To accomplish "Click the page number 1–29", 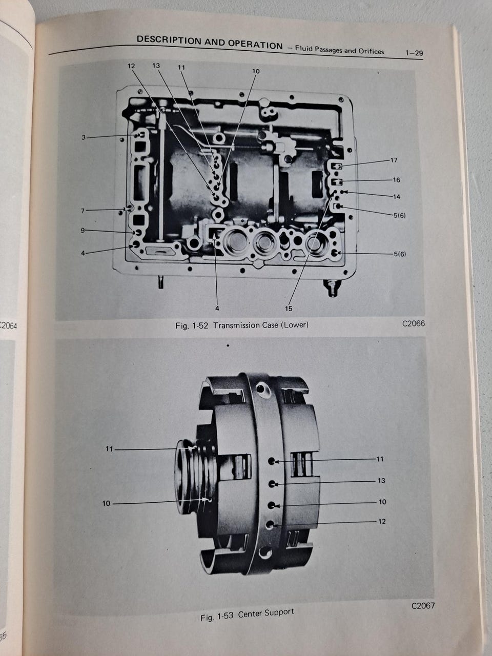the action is [x=414, y=53].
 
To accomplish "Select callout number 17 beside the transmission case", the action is [x=394, y=160].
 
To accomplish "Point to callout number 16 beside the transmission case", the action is [x=396, y=179].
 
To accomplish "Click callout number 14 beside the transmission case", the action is [x=396, y=196].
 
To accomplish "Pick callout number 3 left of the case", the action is [x=84, y=137].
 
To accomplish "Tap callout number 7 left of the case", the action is [x=83, y=211].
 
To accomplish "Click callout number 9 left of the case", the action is [x=83, y=231].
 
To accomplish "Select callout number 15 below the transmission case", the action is [x=288, y=309].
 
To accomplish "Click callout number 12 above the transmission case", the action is [x=131, y=66].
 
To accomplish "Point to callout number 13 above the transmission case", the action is [x=156, y=66].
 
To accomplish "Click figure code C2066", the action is [x=414, y=323].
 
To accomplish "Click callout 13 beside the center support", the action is [x=381, y=481].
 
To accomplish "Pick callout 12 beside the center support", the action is [x=382, y=521].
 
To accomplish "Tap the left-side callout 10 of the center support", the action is [x=107, y=503].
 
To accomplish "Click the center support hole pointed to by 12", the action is [x=270, y=524].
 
